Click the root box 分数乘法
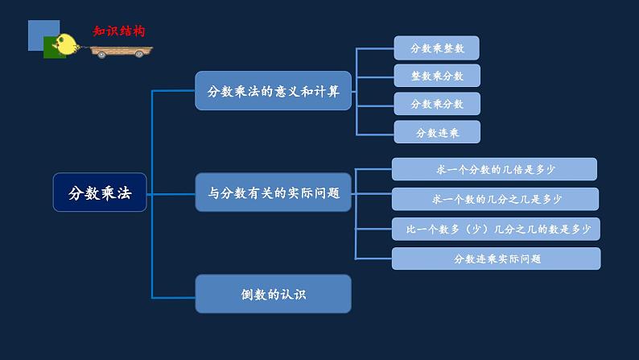click(x=100, y=192)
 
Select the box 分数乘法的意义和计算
click(x=274, y=90)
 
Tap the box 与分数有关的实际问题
click(x=274, y=192)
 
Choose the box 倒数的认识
click(x=274, y=294)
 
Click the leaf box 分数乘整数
click(x=437, y=48)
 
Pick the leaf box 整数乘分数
click(x=437, y=76)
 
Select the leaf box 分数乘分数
click(x=437, y=104)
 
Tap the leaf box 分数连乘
click(x=437, y=132)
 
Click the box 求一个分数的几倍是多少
click(x=494, y=169)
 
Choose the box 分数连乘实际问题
click(x=496, y=259)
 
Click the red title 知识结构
click(x=118, y=31)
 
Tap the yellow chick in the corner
click(x=68, y=44)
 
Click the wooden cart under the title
click(x=120, y=52)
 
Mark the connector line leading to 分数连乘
click(x=375, y=133)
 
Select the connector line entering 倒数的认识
click(x=174, y=294)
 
